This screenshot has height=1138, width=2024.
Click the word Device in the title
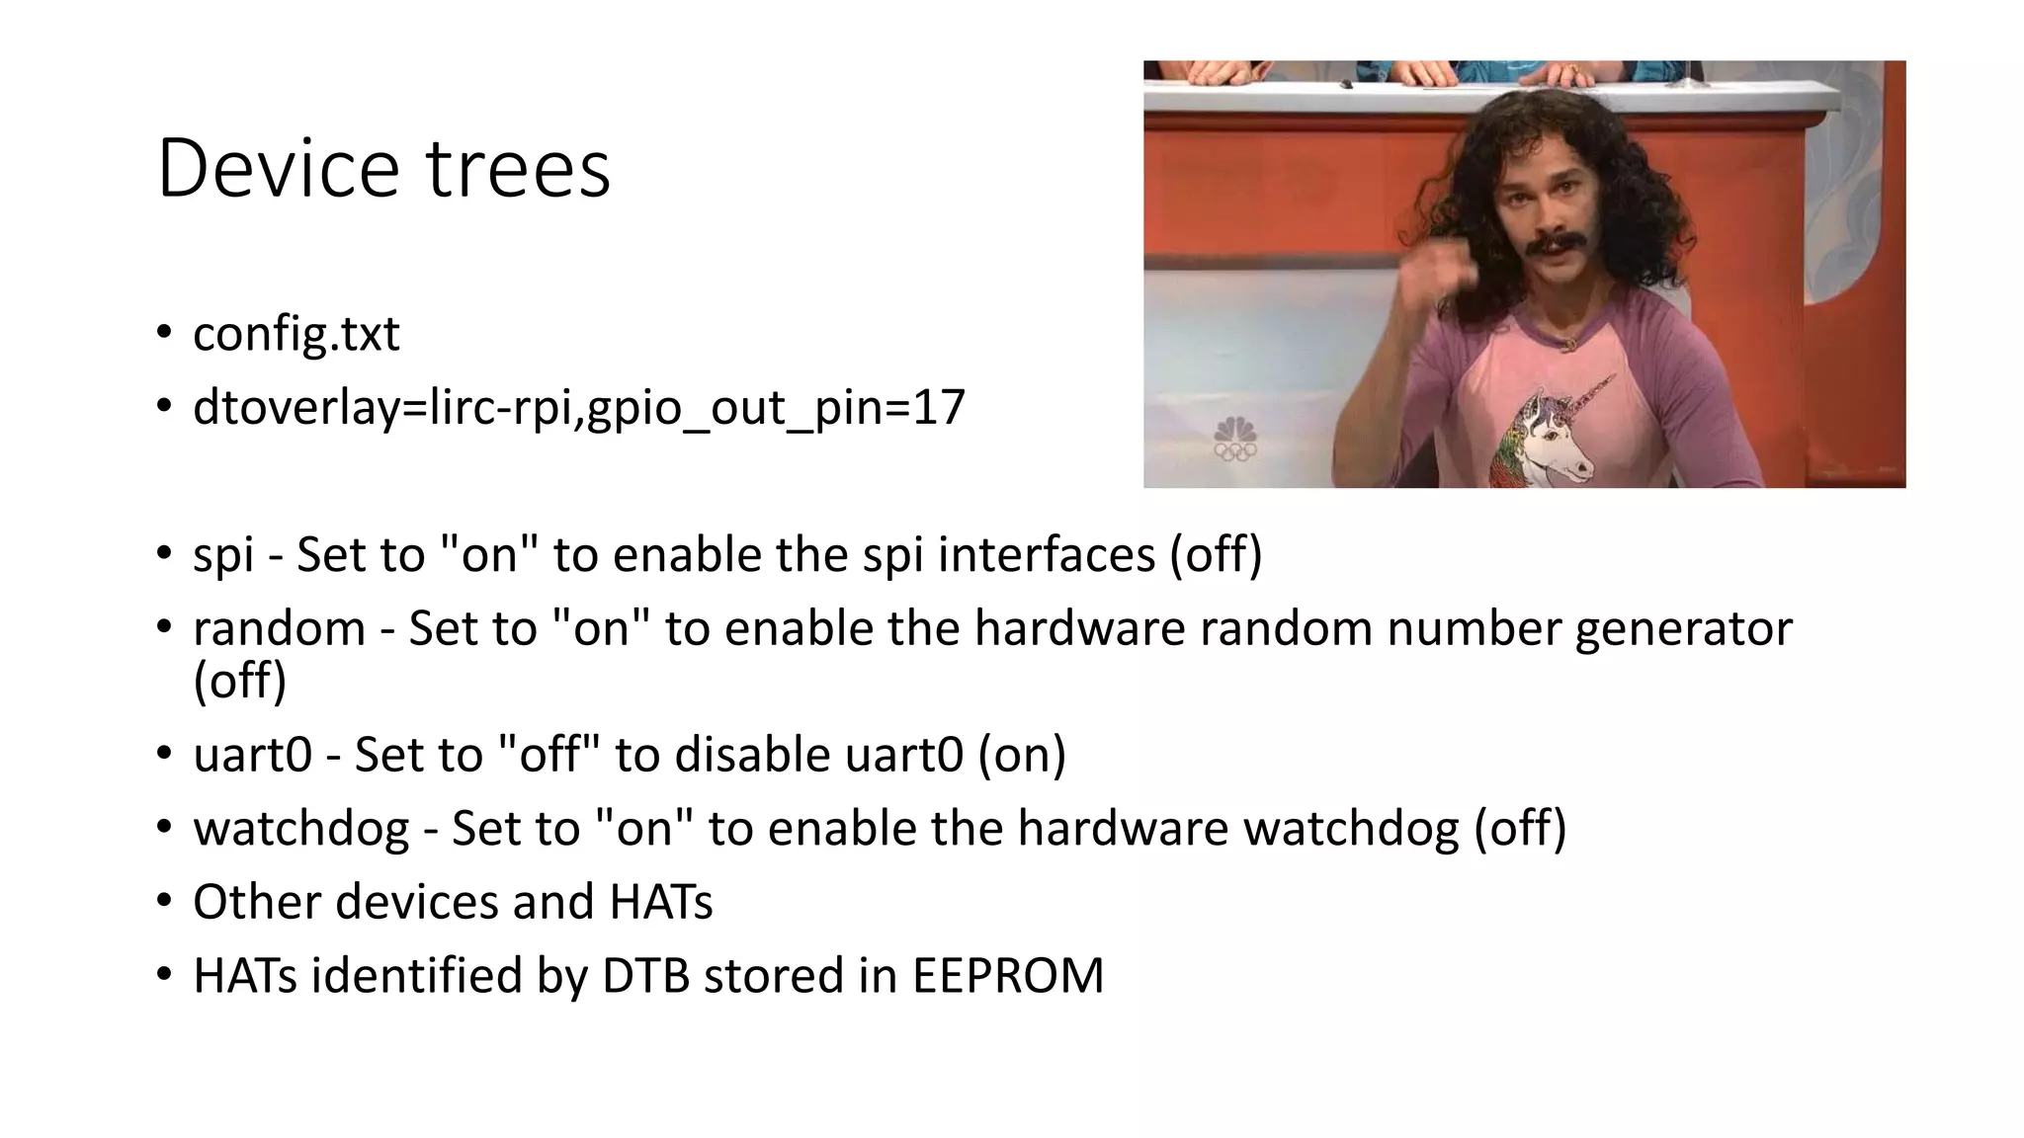[x=277, y=169]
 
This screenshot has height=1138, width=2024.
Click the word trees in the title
[x=518, y=169]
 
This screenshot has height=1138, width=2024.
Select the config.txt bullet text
[x=295, y=335]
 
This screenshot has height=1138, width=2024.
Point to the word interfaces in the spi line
[x=1046, y=554]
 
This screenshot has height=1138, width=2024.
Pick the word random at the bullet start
[x=279, y=629]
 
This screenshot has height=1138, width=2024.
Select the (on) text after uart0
[x=1022, y=756]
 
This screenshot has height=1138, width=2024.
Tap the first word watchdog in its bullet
[x=300, y=829]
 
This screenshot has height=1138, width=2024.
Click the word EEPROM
[x=1007, y=976]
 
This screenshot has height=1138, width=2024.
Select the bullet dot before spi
[x=163, y=553]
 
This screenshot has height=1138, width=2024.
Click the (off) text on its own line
[x=239, y=682]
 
